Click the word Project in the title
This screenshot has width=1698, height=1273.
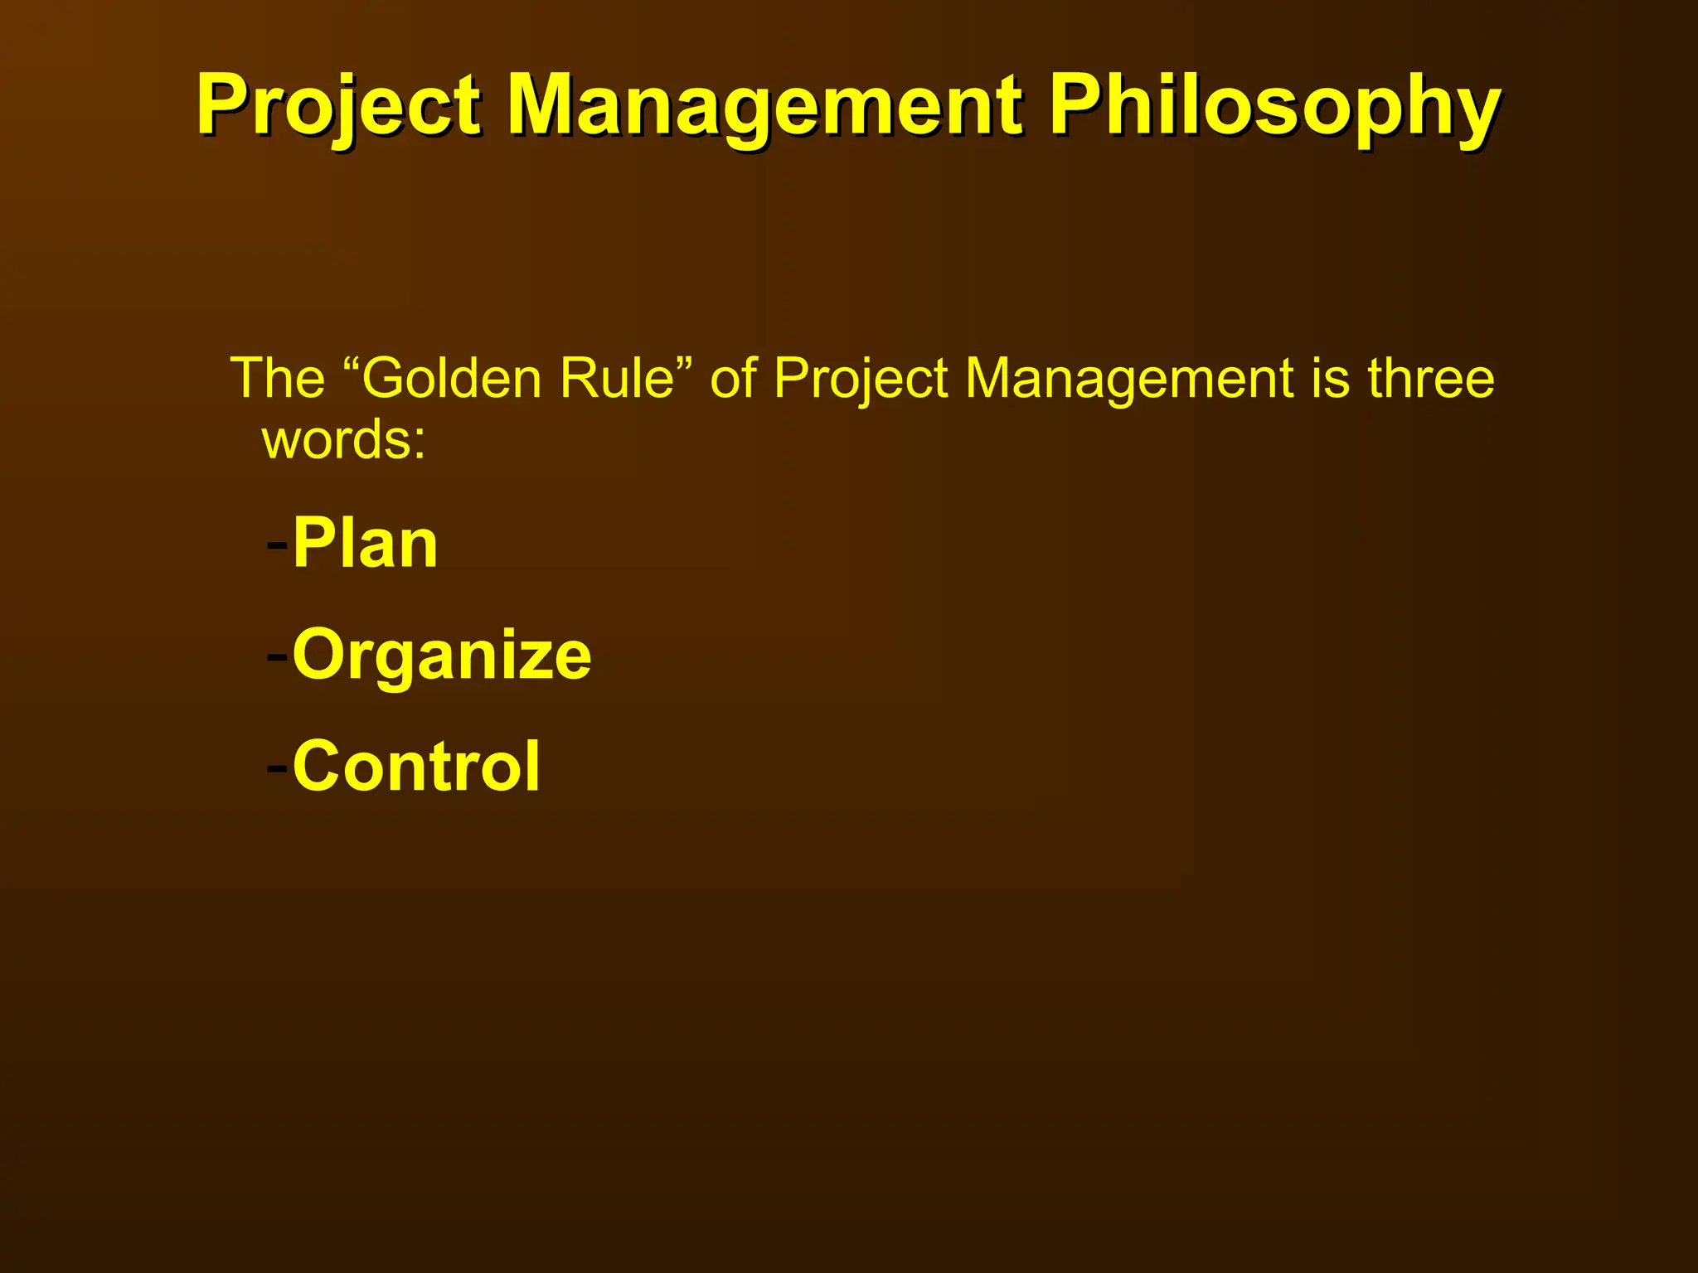(338, 106)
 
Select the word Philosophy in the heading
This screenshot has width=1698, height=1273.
(1274, 106)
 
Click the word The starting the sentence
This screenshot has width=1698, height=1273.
(277, 379)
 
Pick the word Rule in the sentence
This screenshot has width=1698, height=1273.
(617, 379)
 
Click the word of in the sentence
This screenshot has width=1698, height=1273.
(733, 379)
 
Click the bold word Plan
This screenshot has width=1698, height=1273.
(365, 545)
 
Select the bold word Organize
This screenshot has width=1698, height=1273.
(442, 656)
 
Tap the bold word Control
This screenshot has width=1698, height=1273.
(416, 767)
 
